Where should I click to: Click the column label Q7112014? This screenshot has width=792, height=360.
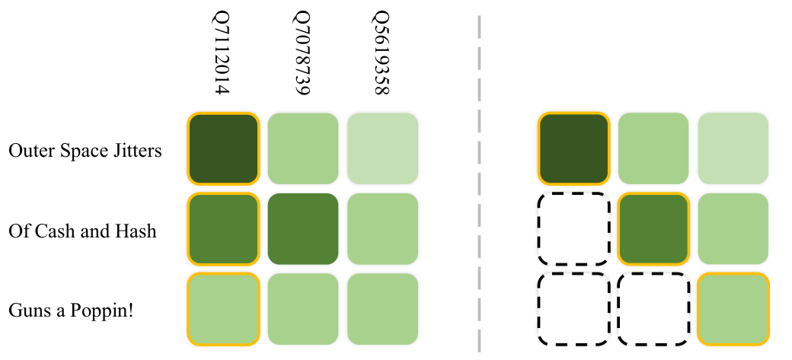pos(221,54)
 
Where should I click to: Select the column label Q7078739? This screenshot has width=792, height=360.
pos(301,54)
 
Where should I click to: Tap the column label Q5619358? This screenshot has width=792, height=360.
pos(381,54)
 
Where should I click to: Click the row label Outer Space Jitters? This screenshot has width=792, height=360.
pos(85,151)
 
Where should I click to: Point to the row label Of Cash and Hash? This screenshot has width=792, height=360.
pos(82,231)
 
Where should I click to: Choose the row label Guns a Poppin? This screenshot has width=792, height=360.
pos(72,311)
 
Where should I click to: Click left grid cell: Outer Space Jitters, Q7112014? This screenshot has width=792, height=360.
pos(222,148)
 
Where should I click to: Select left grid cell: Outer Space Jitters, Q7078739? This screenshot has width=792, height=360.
pos(302,148)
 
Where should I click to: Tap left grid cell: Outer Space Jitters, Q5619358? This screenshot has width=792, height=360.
pos(382,148)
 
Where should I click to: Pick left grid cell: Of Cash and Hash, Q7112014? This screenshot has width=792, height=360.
pos(222,229)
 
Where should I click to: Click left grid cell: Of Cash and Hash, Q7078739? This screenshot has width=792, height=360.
pos(302,229)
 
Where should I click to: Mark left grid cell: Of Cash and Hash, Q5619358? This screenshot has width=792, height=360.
pos(382,229)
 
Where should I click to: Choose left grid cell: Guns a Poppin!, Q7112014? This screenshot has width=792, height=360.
pos(222,309)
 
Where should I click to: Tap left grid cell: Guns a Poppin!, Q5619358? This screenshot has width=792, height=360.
pos(382,309)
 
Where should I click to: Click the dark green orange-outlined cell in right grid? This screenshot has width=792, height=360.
pos(573,148)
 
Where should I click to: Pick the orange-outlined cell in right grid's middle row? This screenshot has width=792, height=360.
pos(653,229)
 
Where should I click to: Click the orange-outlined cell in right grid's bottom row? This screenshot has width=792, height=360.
pos(733,309)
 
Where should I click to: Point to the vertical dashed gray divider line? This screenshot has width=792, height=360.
pos(479,183)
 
